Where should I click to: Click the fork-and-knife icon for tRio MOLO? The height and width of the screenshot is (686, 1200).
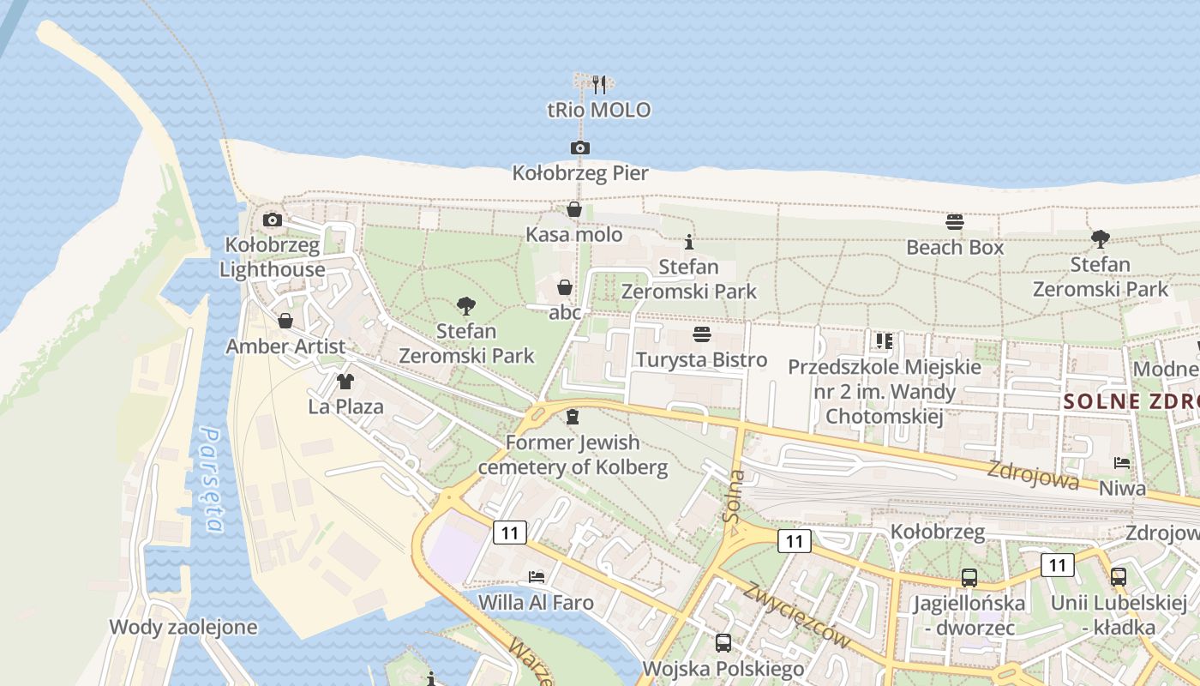(599, 84)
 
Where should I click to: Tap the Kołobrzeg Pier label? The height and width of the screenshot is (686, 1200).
(580, 173)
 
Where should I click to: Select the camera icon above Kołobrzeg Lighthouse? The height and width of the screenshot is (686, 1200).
(273, 220)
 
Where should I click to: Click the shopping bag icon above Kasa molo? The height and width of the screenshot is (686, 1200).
(574, 210)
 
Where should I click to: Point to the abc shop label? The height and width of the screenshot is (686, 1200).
(565, 312)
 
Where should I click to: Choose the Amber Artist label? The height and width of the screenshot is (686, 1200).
(285, 346)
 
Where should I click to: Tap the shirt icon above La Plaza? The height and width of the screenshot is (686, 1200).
(345, 382)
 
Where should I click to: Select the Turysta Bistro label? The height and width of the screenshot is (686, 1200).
(701, 359)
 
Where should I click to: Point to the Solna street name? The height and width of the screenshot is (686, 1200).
(734, 496)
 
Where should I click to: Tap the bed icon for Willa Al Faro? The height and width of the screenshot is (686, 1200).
(537, 576)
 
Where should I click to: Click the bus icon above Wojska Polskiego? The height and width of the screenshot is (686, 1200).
(723, 643)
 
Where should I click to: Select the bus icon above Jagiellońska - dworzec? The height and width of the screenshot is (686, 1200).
(969, 578)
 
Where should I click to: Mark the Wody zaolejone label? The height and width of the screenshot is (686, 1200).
(183, 627)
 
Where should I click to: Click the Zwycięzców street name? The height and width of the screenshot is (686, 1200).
(797, 615)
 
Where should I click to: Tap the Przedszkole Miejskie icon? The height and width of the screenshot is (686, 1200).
(885, 341)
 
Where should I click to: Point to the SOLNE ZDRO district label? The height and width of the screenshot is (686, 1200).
(1131, 401)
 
